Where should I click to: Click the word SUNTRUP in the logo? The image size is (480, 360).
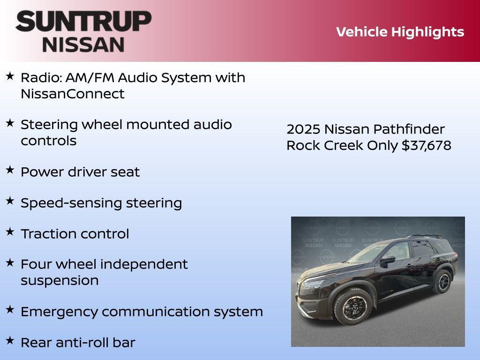(x=83, y=22)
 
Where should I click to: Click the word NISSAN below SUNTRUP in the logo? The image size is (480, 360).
(x=83, y=44)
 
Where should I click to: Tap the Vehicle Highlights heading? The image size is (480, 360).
(x=400, y=32)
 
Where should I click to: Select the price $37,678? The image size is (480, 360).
(x=426, y=145)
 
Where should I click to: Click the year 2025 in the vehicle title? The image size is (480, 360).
(x=303, y=129)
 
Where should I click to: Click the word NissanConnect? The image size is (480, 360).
(x=73, y=94)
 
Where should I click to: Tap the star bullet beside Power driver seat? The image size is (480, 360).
(x=10, y=170)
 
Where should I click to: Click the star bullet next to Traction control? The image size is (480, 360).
(x=10, y=232)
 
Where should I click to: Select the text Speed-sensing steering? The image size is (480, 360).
(x=101, y=203)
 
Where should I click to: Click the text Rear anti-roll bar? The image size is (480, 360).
(x=78, y=343)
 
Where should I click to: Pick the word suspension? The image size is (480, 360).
(x=60, y=280)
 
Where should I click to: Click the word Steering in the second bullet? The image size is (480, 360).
(x=49, y=125)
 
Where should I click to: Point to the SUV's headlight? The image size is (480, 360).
(x=313, y=283)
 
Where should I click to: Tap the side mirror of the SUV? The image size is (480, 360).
(x=388, y=259)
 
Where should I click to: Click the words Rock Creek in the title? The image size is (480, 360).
(x=324, y=145)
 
